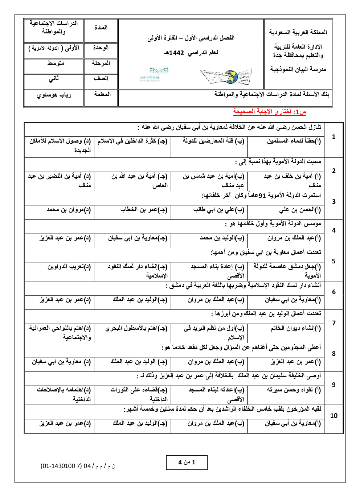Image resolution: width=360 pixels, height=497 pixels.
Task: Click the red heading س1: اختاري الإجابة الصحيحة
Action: [x=269, y=112]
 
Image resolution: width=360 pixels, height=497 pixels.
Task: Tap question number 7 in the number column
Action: [x=334, y=323]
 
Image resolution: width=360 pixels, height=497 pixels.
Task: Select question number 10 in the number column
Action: [x=334, y=416]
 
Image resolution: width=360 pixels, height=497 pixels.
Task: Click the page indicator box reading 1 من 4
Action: [x=187, y=462]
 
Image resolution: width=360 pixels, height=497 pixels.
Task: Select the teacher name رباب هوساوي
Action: [x=54, y=95]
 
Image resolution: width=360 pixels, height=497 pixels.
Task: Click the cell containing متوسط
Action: [x=56, y=63]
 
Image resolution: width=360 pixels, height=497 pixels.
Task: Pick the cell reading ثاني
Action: [x=54, y=78]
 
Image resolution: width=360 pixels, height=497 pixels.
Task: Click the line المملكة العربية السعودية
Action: [x=298, y=32]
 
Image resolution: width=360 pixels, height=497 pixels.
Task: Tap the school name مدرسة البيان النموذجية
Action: [x=298, y=69]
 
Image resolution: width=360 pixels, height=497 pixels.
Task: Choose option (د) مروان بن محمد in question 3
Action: [x=69, y=210]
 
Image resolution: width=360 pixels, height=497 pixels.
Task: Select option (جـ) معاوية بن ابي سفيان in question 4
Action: [x=138, y=238]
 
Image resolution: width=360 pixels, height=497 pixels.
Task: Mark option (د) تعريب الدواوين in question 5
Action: [x=69, y=267]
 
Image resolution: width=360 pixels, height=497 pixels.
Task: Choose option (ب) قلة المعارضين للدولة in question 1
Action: [x=213, y=141]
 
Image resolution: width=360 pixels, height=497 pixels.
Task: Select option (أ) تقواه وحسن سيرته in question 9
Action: [x=294, y=390]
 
